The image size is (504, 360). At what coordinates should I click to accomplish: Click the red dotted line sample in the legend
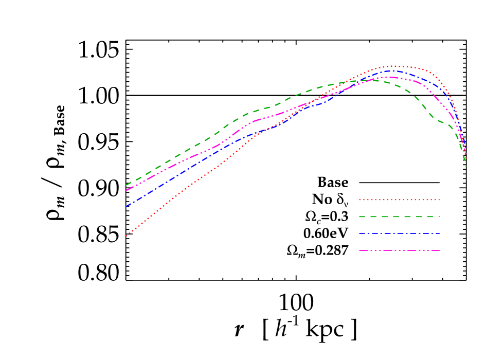399,200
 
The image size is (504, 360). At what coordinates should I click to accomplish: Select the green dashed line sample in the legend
399,217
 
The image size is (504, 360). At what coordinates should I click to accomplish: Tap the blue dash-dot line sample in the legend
399,233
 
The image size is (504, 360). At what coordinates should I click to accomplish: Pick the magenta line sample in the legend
399,250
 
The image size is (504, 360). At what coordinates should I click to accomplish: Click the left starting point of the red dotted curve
126,236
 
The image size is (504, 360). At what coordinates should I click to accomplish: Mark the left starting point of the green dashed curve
126,185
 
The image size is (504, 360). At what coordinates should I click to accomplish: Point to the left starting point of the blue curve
126,206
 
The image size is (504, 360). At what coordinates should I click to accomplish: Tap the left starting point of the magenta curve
126,191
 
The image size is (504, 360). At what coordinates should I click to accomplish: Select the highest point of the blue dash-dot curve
392,70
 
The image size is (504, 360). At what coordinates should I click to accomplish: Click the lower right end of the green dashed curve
466,166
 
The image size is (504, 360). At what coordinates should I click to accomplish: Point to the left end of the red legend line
359,200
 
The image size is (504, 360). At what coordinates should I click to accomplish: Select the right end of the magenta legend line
440,250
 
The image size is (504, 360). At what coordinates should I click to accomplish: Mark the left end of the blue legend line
359,233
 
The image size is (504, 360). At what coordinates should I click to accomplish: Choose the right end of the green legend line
440,217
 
